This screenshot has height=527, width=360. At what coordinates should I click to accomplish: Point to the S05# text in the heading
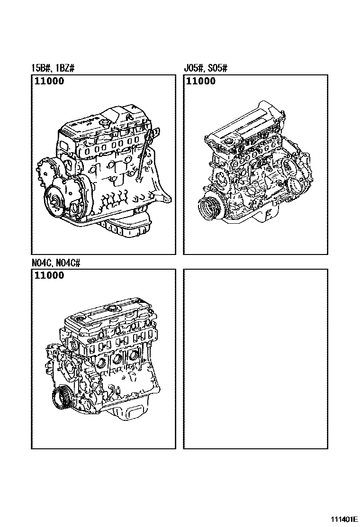217,68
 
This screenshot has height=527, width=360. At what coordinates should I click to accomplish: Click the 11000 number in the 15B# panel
49,81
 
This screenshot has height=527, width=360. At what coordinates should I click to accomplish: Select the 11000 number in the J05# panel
201,81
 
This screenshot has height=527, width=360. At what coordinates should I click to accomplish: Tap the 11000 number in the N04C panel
49,275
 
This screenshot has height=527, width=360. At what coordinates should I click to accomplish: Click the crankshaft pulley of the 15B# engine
54,202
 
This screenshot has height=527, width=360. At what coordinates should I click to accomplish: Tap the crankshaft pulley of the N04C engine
62,398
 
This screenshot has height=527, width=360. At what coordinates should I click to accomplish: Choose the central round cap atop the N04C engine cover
110,308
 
